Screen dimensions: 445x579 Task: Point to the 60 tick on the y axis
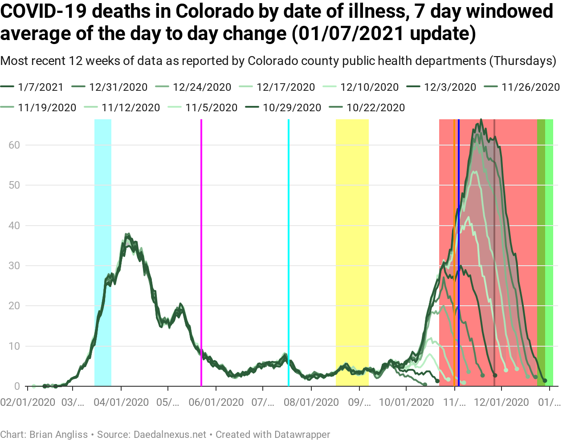pyautogui.click(x=14, y=145)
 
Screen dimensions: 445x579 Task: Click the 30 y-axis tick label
pyautogui.click(x=14, y=266)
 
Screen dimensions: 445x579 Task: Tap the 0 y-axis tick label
pyautogui.click(x=17, y=386)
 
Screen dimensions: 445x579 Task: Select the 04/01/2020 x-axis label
pyautogui.click(x=121, y=402)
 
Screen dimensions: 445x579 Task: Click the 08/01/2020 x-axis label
pyautogui.click(x=311, y=402)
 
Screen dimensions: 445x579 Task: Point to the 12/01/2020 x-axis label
pyautogui.click(x=502, y=402)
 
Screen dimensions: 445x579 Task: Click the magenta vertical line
pyautogui.click(x=201, y=249)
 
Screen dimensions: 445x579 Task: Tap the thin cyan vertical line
pyautogui.click(x=289, y=249)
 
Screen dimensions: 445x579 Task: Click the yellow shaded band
pyautogui.click(x=352, y=249)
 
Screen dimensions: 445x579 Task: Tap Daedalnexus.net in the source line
pyautogui.click(x=170, y=435)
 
